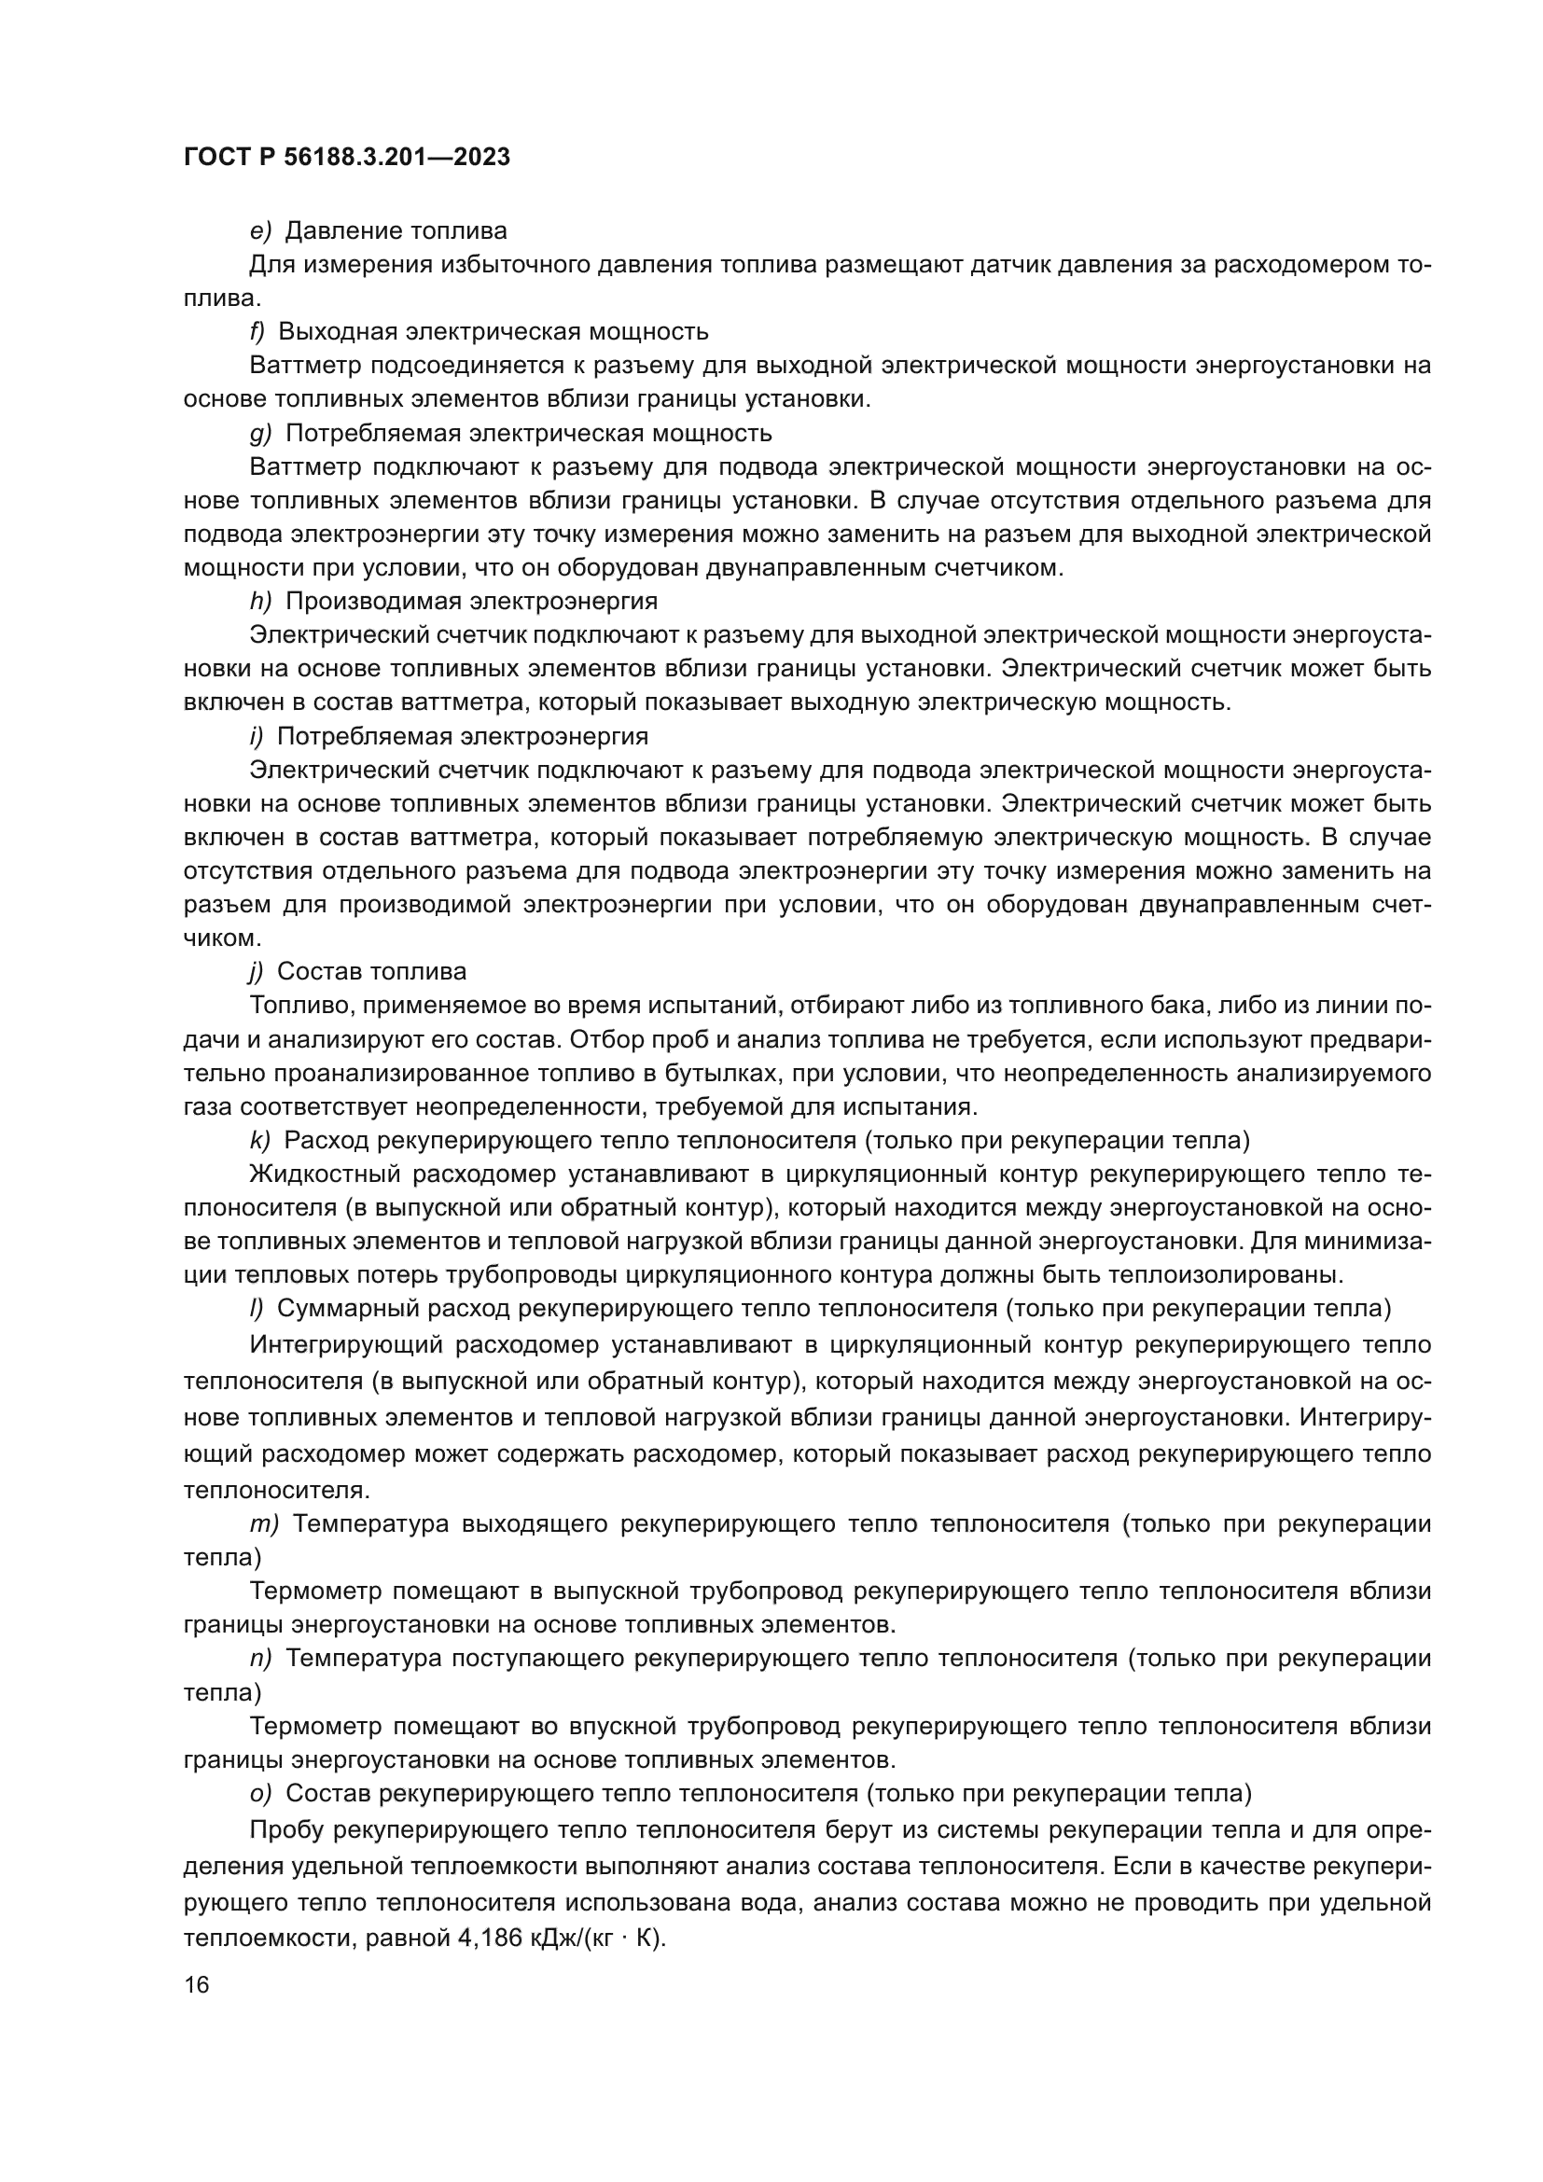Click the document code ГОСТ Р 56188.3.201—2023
click(x=347, y=157)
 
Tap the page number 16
click(x=197, y=1985)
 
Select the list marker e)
click(x=260, y=231)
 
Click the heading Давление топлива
click(x=396, y=231)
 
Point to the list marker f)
click(x=257, y=332)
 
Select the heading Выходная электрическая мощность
click(x=493, y=332)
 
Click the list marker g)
click(x=260, y=434)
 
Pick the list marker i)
click(x=256, y=737)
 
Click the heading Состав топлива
click(x=371, y=971)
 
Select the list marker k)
click(x=259, y=1140)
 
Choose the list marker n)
click(x=260, y=1659)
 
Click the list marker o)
click(x=260, y=1793)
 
